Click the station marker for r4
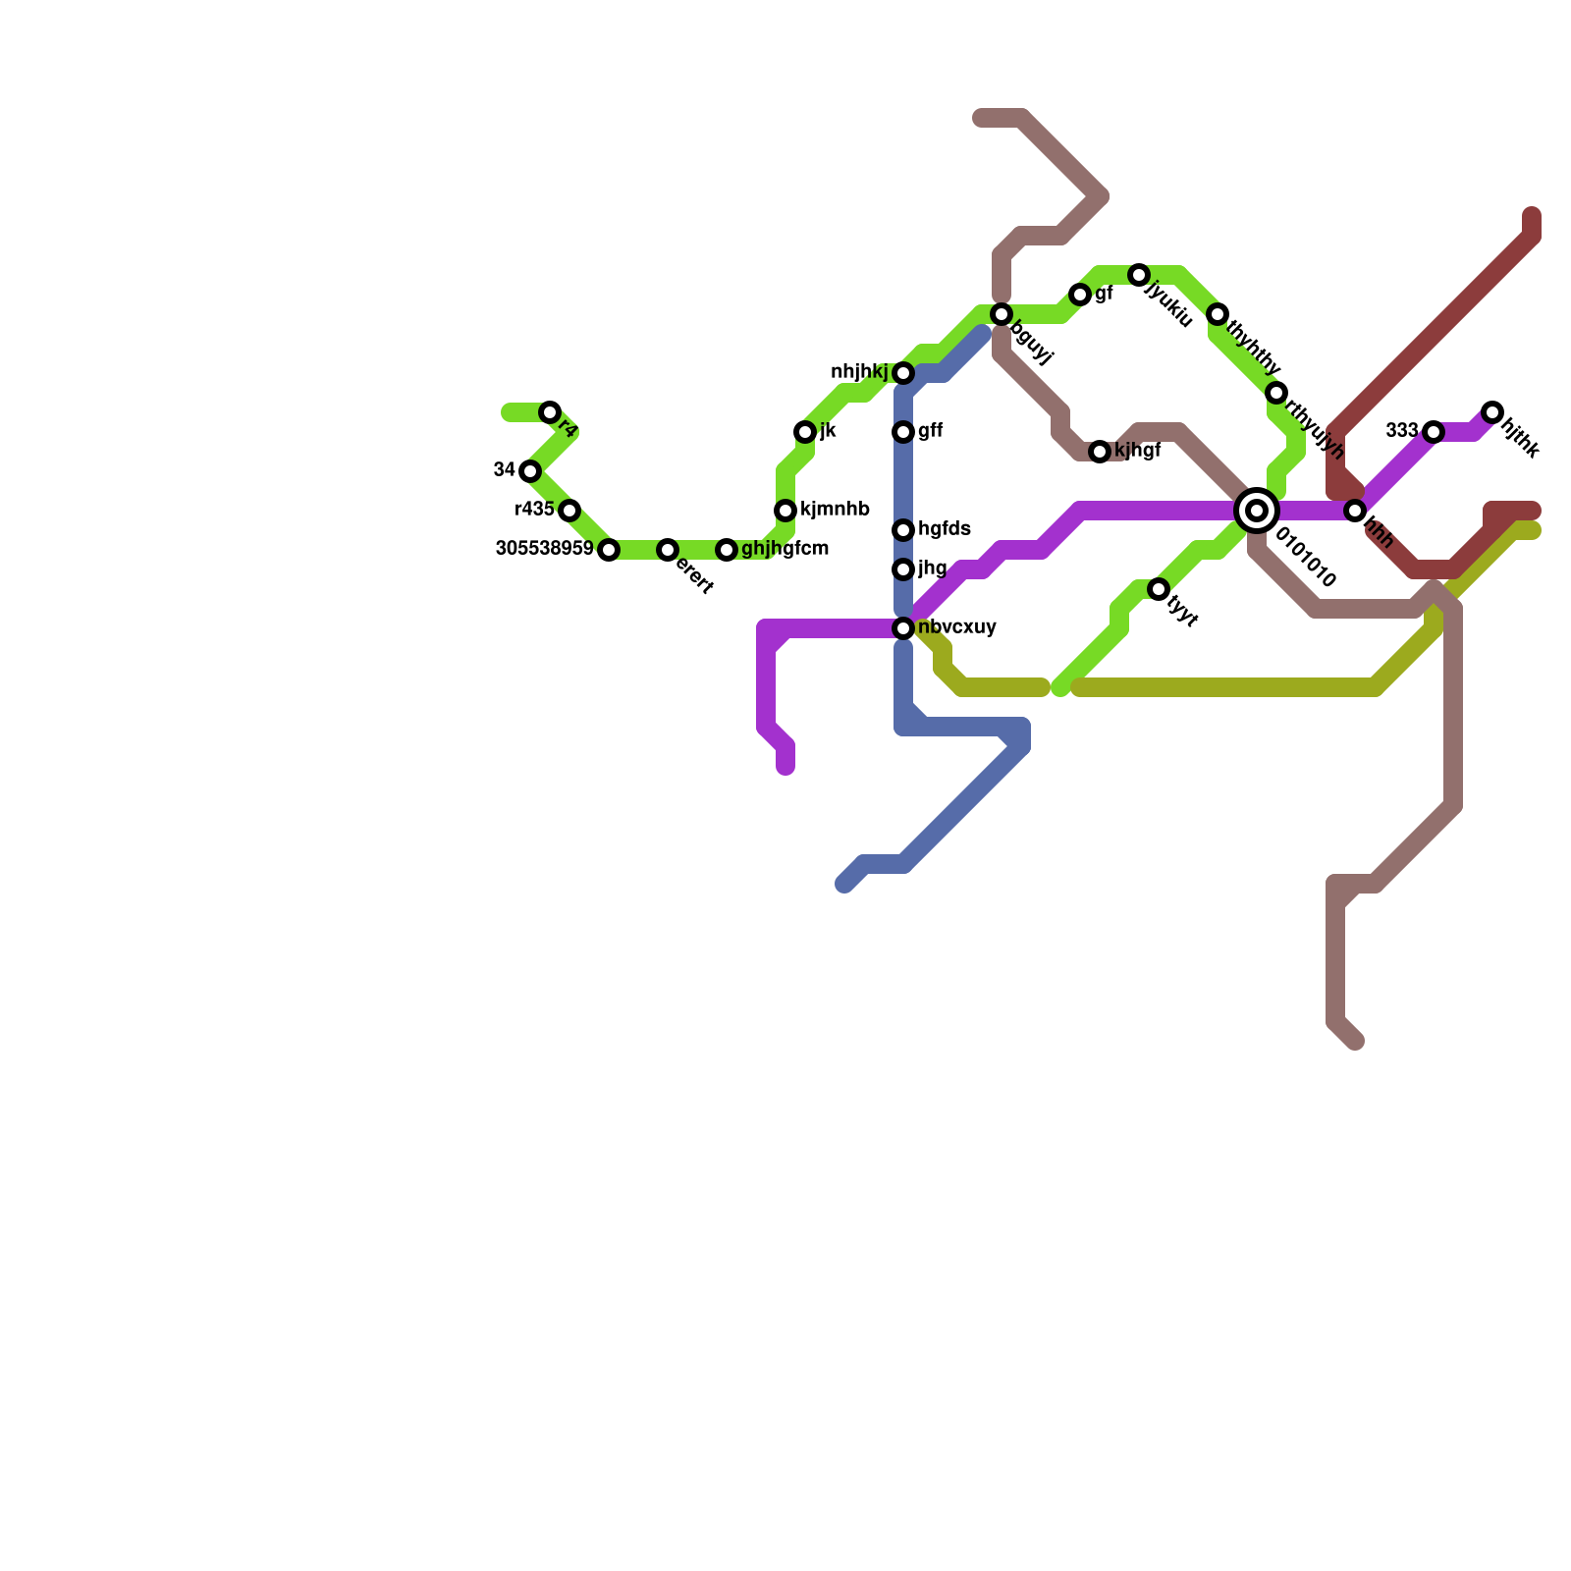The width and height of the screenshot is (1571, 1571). click(550, 412)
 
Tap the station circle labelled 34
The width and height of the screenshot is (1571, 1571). click(530, 471)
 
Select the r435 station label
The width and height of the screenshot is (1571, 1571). click(535, 510)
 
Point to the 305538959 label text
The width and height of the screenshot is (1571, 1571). click(544, 549)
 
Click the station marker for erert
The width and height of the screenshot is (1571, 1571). click(668, 550)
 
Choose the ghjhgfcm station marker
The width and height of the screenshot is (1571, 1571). click(727, 550)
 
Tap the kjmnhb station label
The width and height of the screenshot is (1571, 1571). click(835, 510)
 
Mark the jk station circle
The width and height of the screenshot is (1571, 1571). click(805, 432)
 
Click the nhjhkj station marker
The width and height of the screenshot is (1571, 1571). click(903, 373)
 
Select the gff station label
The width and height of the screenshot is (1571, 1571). click(931, 431)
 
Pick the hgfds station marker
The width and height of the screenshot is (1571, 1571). click(903, 530)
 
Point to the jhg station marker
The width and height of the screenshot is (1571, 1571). click(903, 569)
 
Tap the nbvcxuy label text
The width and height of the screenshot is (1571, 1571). click(957, 627)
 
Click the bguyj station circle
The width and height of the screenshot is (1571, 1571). click(1002, 314)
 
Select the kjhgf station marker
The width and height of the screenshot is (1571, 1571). click(1100, 452)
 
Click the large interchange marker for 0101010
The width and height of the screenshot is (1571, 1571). click(1257, 511)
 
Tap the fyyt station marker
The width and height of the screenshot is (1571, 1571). click(1159, 589)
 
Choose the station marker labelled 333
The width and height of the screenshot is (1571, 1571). click(1434, 432)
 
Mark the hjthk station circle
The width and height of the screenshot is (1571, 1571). click(1492, 412)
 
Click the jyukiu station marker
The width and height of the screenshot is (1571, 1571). click(1139, 275)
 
